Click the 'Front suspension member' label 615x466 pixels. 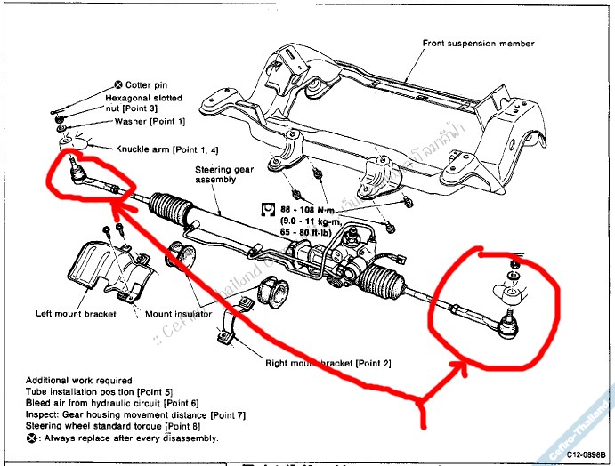coord(478,43)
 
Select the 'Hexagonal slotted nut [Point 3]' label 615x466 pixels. coord(143,103)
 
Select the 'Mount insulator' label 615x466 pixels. coord(178,314)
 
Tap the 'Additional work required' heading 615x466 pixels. coord(78,380)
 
